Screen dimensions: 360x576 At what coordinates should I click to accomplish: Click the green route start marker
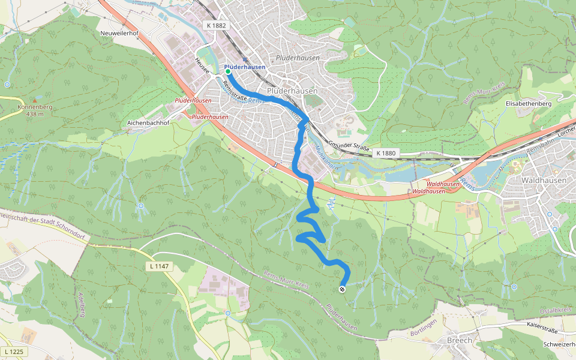tap(228, 71)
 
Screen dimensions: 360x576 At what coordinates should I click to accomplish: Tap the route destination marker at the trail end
tap(343, 290)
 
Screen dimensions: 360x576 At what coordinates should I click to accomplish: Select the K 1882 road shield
tap(215, 26)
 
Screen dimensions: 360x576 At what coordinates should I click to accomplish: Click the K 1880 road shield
tap(386, 154)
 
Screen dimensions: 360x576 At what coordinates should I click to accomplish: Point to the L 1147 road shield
tap(160, 266)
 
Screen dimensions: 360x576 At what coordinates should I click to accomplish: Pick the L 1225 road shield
tap(14, 351)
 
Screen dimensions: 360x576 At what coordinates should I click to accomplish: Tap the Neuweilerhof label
tap(120, 32)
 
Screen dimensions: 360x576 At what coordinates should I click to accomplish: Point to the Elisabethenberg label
tap(529, 104)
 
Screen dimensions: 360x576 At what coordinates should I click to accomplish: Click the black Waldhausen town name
tap(541, 179)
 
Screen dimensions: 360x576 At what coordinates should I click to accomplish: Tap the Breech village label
tap(460, 340)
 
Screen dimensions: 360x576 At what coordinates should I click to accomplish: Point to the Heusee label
tap(202, 65)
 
